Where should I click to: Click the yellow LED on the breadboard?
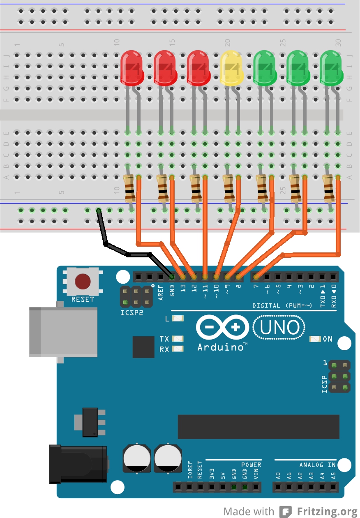coord(231,69)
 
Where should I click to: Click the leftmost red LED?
coord(132,68)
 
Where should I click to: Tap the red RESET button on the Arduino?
coord(83,282)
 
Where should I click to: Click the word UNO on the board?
coord(279,328)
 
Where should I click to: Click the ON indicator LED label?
coord(328,339)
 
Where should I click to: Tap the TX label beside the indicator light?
coord(164,339)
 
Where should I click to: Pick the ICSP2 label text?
coord(132,312)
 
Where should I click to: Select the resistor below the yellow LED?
coord(228,189)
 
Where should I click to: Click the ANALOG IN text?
coord(317,465)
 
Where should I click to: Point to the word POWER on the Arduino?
coord(251,465)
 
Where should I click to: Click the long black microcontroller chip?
coord(258,427)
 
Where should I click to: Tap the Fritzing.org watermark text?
coord(326,511)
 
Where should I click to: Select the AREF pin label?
coord(161,292)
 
